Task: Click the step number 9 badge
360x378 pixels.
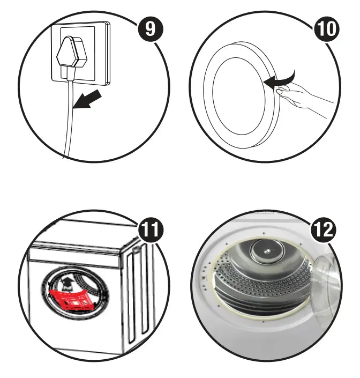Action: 152,28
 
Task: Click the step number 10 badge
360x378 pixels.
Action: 325,28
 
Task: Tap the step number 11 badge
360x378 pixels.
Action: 152,231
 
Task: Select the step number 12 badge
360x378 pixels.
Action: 325,231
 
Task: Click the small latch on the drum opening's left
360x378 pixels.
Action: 204,278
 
